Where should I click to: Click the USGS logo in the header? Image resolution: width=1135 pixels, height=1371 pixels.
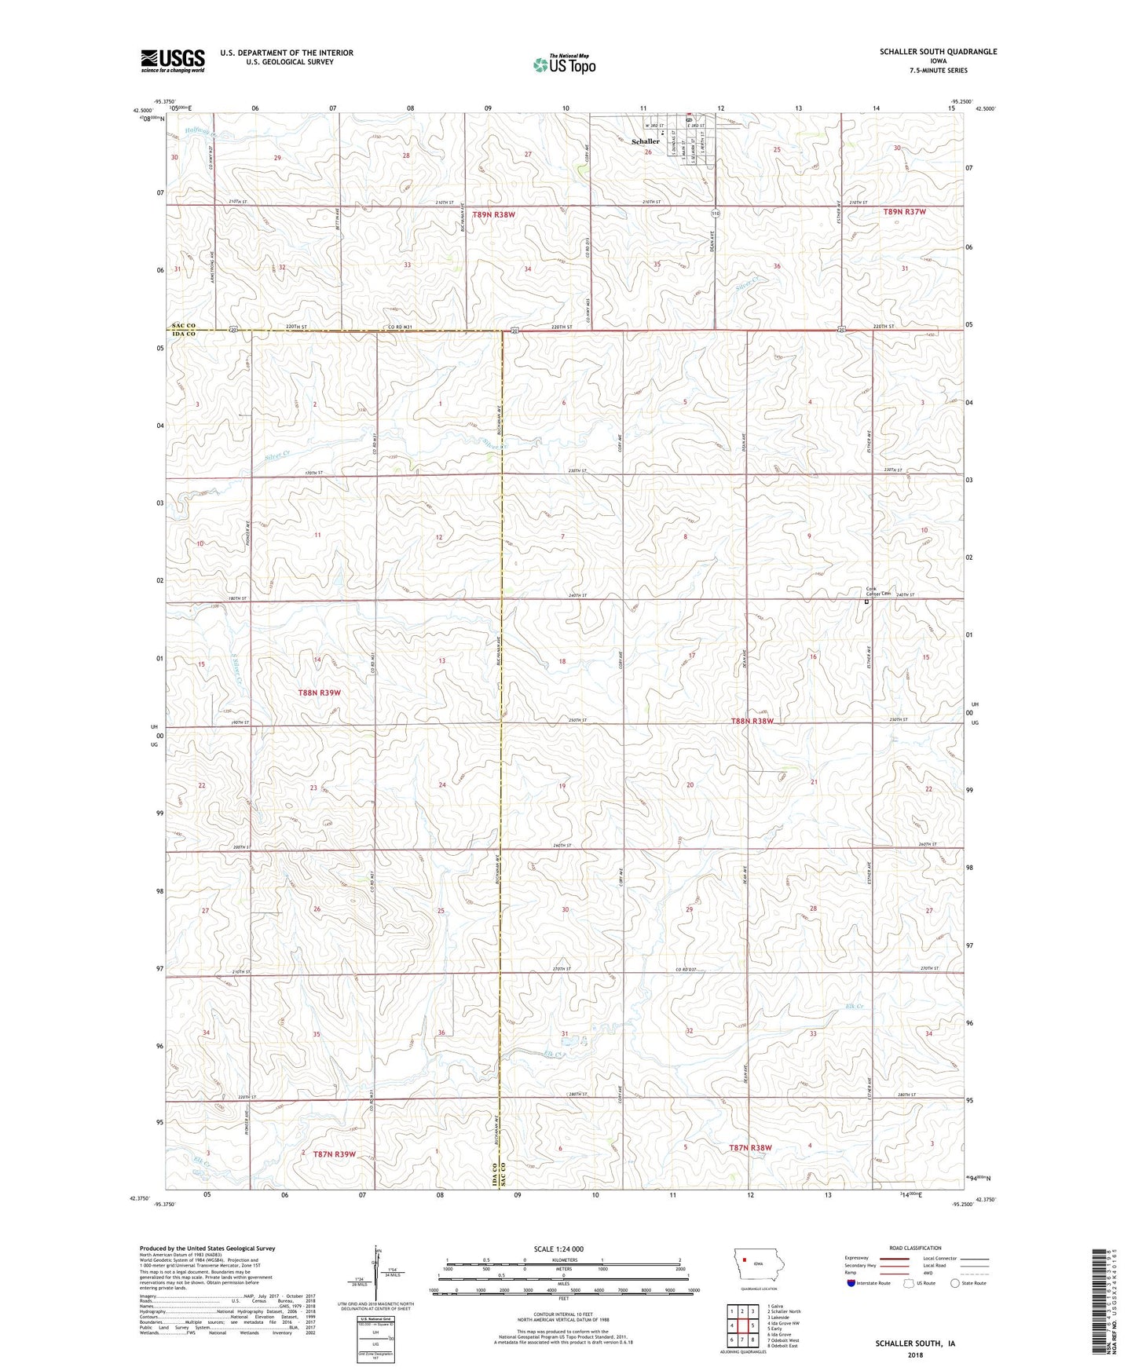172,60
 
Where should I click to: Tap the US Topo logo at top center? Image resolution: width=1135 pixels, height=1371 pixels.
564,64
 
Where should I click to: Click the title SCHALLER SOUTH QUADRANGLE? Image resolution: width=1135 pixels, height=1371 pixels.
938,52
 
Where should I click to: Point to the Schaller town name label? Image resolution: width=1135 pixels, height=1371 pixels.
646,141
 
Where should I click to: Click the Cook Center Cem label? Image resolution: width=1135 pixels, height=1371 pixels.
878,590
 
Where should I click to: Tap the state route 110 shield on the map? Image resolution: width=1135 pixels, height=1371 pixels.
715,214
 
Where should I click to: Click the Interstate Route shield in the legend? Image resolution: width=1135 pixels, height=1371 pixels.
851,1284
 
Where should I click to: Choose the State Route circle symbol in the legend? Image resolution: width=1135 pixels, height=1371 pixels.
954,1284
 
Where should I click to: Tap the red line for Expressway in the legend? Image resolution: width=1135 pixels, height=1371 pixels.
894,1259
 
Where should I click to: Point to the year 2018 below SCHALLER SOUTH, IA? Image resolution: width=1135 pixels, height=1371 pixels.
914,1355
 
